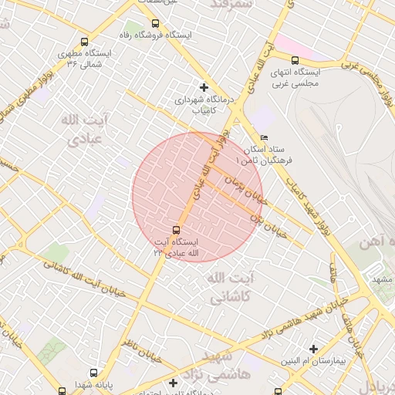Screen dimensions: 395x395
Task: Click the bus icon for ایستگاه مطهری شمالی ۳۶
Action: (84, 42)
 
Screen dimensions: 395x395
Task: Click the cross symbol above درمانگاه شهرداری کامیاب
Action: (204, 87)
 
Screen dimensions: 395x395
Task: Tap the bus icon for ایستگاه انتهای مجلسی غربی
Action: (295, 60)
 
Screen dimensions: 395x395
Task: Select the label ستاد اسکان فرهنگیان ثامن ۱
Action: (264, 153)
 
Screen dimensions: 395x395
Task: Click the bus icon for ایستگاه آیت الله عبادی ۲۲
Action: (177, 229)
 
